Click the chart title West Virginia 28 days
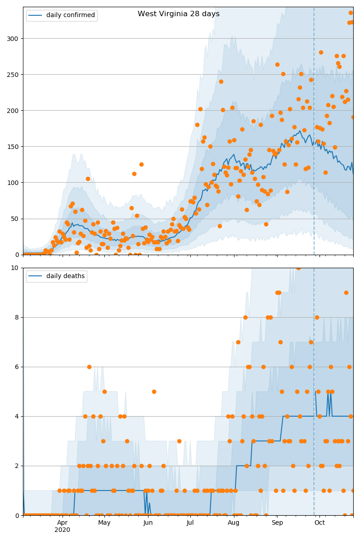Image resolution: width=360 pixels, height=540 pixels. click(179, 14)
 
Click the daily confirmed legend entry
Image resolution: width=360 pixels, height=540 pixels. click(70, 15)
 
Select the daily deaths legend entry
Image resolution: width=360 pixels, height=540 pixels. click(65, 276)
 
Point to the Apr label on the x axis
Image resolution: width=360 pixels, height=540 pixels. click(62, 522)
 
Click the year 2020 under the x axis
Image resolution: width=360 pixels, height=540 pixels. click(62, 530)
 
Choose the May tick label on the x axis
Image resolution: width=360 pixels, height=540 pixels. click(104, 522)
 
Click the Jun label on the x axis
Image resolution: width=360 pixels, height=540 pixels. click(148, 522)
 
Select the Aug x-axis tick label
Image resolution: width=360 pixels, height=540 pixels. click(234, 522)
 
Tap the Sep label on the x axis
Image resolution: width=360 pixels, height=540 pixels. click(277, 522)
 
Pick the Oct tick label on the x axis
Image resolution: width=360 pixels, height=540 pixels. click(319, 522)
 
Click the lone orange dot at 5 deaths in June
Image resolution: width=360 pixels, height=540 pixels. click(154, 391)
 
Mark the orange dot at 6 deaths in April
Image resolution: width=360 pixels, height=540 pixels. click(89, 367)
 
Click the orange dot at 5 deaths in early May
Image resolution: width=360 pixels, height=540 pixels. click(104, 391)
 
